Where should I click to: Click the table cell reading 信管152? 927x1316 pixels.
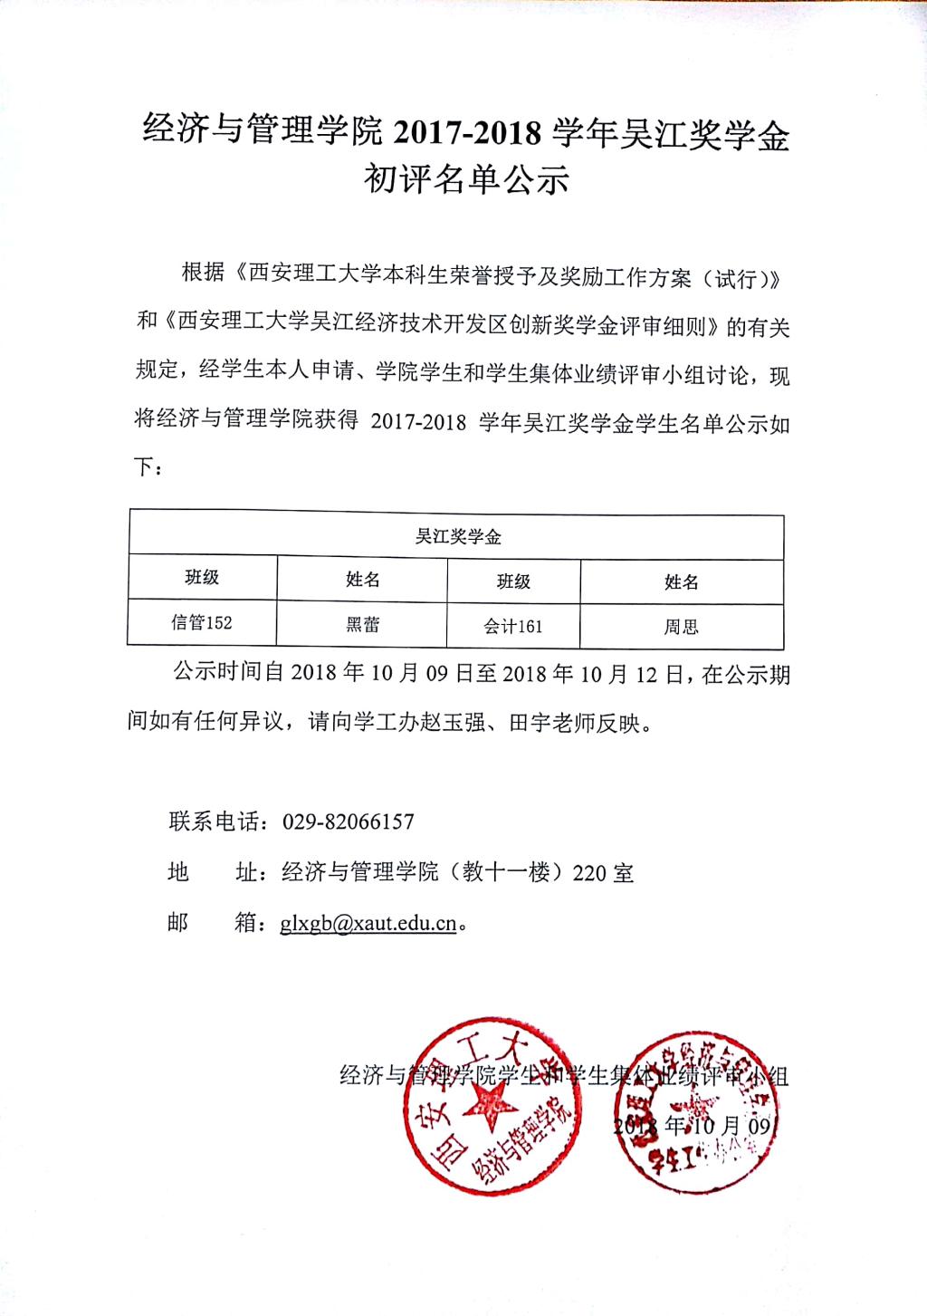tap(201, 622)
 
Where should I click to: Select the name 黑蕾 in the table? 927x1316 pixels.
tap(362, 624)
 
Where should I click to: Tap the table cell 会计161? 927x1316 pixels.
tap(512, 626)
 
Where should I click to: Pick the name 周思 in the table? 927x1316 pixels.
tap(681, 627)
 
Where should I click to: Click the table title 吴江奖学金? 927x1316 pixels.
tap(458, 537)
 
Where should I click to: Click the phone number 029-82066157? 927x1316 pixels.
tap(349, 822)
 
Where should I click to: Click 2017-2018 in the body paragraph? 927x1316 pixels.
tap(417, 423)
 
